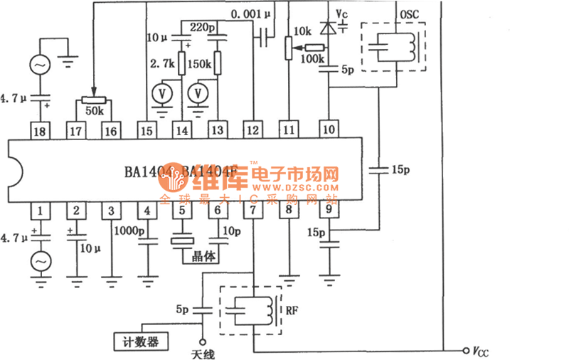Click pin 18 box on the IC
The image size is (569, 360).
pyautogui.click(x=41, y=131)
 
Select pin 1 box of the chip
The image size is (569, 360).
pyautogui.click(x=41, y=211)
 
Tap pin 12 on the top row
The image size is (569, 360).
pyautogui.click(x=252, y=131)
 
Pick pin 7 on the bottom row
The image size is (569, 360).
pyautogui.click(x=252, y=211)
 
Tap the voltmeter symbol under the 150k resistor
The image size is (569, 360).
pyautogui.click(x=200, y=92)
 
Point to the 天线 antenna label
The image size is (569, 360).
pyautogui.click(x=203, y=354)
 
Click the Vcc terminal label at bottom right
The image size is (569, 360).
pyautogui.click(x=479, y=351)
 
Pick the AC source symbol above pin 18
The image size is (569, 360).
pyautogui.click(x=41, y=65)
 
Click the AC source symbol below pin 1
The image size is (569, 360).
pyautogui.click(x=41, y=261)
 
